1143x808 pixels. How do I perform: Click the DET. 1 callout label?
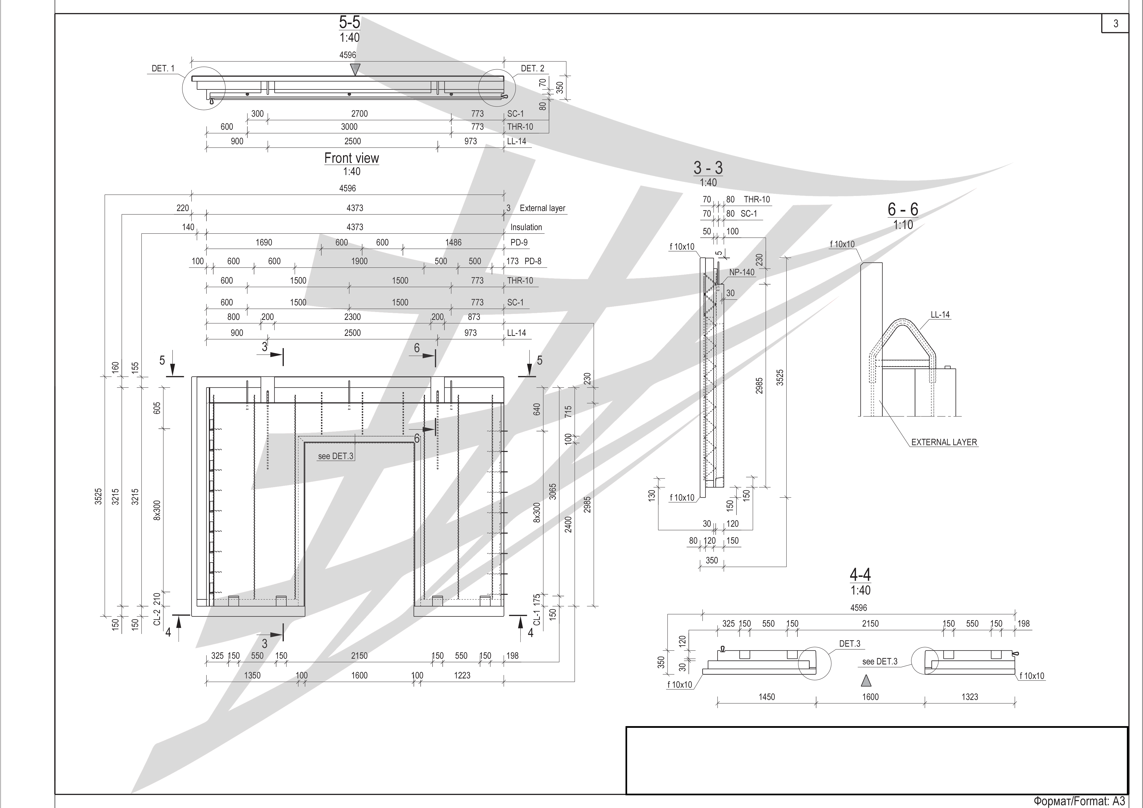click(x=163, y=68)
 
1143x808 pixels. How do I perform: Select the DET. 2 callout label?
click(x=533, y=68)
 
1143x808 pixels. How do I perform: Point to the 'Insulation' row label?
click(x=526, y=227)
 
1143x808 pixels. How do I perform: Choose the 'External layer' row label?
click(x=543, y=208)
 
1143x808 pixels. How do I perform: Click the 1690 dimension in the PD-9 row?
click(x=264, y=243)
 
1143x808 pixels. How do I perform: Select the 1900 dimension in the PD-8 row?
click(x=359, y=261)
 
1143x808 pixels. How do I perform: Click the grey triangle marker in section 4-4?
click(x=867, y=680)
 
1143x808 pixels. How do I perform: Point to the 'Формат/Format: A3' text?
click(x=1079, y=801)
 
